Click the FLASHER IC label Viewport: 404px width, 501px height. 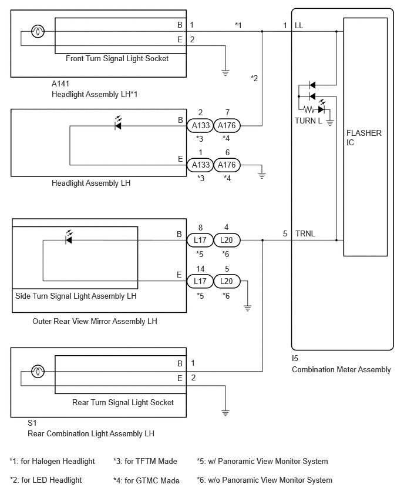pyautogui.click(x=364, y=138)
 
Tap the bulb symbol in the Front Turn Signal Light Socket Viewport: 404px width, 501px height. pyautogui.click(x=38, y=31)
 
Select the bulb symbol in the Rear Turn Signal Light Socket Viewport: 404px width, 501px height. pyautogui.click(x=38, y=371)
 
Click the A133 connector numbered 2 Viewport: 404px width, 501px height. pyautogui.click(x=200, y=125)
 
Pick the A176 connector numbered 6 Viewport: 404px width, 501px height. pyautogui.click(x=227, y=165)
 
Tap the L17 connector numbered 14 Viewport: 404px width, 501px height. pyautogui.click(x=200, y=281)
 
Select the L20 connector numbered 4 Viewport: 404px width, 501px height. pyautogui.click(x=227, y=240)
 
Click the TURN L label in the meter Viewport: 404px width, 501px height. pyautogui.click(x=308, y=121)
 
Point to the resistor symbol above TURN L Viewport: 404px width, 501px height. pyautogui.click(x=309, y=109)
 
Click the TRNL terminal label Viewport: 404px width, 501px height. pyautogui.click(x=305, y=233)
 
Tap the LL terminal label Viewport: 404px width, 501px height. pyautogui.click(x=299, y=25)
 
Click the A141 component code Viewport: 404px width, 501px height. pyautogui.click(x=60, y=83)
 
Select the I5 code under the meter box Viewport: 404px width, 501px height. pyautogui.click(x=295, y=359)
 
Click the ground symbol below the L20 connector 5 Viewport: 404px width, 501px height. pyautogui.click(x=247, y=308)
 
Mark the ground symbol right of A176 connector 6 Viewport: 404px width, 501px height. pyautogui.click(x=262, y=175)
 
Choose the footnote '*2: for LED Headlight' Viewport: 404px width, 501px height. pyautogui.click(x=46, y=480)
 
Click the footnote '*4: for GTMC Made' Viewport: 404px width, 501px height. pyautogui.click(x=146, y=480)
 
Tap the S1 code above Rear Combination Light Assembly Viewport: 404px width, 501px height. pyautogui.click(x=32, y=423)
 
